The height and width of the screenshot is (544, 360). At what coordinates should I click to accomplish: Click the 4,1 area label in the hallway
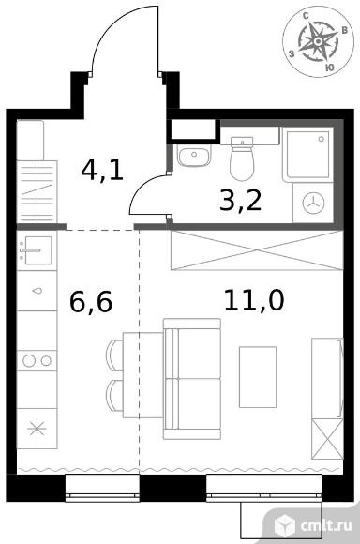click(102, 170)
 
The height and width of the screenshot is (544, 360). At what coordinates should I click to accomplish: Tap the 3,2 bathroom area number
click(240, 201)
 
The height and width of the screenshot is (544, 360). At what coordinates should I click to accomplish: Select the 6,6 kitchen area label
click(91, 302)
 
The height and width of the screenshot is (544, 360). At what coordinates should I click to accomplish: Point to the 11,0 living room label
click(254, 300)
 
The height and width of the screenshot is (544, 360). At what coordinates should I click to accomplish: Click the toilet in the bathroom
click(242, 159)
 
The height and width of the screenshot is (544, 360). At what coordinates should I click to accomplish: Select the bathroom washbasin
click(194, 155)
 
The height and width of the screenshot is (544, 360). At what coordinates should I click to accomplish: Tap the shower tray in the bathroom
click(308, 155)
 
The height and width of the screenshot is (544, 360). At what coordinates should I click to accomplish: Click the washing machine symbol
click(313, 203)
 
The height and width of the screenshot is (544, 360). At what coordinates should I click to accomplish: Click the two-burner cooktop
click(37, 361)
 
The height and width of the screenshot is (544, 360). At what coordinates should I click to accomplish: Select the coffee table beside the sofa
click(258, 377)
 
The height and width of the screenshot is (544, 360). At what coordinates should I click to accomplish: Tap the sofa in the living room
click(192, 379)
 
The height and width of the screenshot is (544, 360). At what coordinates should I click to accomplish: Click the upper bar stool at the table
click(114, 355)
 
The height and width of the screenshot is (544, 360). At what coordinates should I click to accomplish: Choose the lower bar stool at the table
click(114, 396)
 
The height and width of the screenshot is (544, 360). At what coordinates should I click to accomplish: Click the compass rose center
click(318, 41)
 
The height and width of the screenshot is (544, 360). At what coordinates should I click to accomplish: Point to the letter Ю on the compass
click(330, 68)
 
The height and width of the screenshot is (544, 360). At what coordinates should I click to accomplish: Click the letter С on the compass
click(306, 16)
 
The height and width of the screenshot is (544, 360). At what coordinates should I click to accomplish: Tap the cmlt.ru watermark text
click(326, 525)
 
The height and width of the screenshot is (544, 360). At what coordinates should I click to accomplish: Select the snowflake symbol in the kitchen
click(37, 429)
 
